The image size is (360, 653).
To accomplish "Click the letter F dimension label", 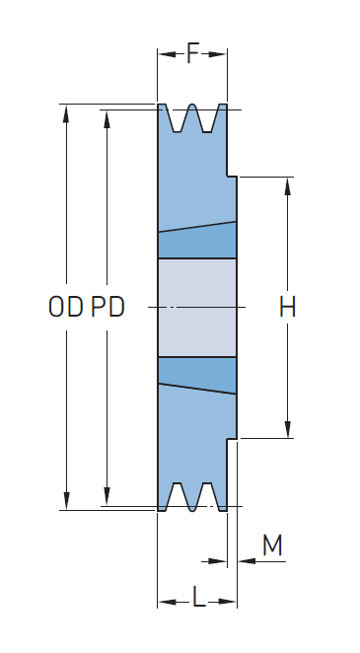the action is (192, 53).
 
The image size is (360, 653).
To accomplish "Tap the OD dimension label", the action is (66, 307).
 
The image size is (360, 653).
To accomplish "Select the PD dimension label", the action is (108, 307).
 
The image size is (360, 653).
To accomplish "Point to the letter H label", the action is (287, 307).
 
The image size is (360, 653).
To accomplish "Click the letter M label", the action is (272, 544).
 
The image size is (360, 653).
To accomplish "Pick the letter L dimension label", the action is (199, 597).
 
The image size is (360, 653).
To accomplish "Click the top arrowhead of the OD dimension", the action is (66, 113).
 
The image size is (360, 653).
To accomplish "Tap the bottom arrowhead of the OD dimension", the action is (66, 500).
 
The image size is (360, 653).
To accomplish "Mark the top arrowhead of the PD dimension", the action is (107, 119).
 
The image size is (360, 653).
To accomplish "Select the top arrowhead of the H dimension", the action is (287, 186).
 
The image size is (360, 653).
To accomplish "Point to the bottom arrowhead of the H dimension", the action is (287, 429).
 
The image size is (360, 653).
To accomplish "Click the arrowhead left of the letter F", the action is (168, 54).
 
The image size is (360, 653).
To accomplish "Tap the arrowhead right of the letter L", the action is (227, 602).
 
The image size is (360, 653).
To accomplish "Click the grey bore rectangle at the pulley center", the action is (197, 308).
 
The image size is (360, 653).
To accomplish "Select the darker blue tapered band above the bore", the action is (197, 242).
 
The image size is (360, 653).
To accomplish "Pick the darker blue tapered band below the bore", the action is (197, 374).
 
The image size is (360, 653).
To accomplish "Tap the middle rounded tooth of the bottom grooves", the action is (192, 498).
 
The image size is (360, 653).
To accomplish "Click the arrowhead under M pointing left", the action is (247, 561).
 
